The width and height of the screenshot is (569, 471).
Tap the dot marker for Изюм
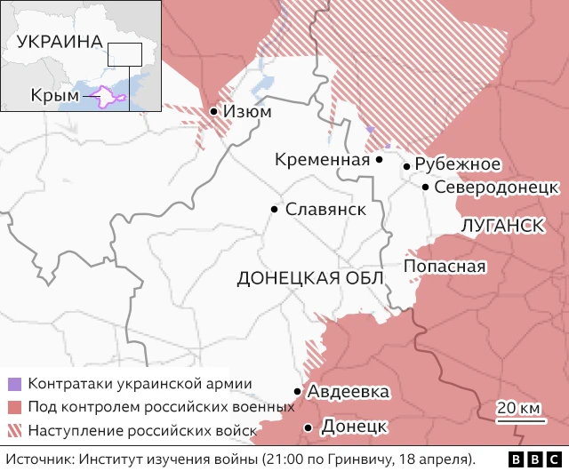pyautogui.click(x=214, y=112)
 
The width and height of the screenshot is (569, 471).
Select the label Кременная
pyautogui.click(x=322, y=160)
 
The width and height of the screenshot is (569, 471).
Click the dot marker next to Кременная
pyautogui.click(x=380, y=160)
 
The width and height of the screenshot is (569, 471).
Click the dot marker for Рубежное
pyautogui.click(x=407, y=166)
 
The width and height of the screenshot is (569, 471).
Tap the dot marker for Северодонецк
pyautogui.click(x=427, y=188)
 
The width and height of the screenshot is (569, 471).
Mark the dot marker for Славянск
pyautogui.click(x=275, y=210)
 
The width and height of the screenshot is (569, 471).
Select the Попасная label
pyautogui.click(x=445, y=267)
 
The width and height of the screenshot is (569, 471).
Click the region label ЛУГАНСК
pyautogui.click(x=503, y=226)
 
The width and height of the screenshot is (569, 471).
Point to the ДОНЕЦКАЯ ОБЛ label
pyautogui.click(x=310, y=278)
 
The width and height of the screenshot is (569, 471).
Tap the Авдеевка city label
pyautogui.click(x=348, y=392)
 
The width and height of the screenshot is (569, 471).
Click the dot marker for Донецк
pyautogui.click(x=308, y=427)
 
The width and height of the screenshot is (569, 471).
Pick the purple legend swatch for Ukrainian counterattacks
pyautogui.click(x=14, y=385)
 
